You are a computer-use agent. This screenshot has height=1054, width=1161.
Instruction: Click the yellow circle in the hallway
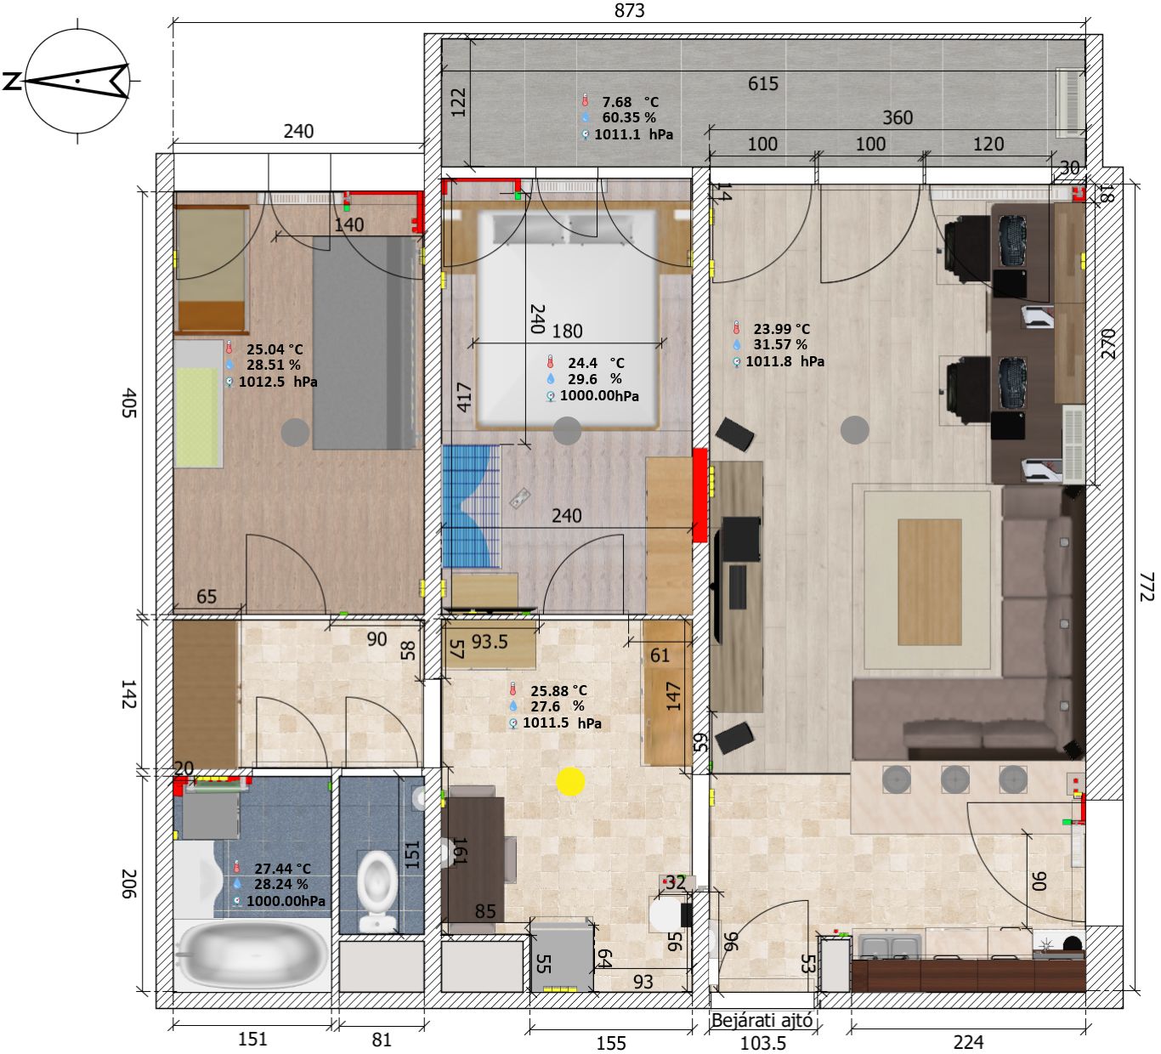pos(570,781)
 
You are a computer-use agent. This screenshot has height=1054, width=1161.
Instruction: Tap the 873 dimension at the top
pos(629,10)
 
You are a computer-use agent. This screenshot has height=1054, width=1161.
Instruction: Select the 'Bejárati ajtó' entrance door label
pos(762,1021)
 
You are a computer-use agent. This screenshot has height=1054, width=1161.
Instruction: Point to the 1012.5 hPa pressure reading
pos(278,382)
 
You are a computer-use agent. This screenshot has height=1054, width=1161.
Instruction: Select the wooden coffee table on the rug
pos(930,581)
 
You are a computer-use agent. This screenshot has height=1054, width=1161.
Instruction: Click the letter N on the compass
pos(12,81)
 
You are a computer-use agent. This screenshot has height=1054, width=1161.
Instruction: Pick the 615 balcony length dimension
pos(763,84)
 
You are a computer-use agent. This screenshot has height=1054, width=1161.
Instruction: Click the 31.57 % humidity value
pos(779,344)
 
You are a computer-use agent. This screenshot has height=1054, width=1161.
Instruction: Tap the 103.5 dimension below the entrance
pos(763,1043)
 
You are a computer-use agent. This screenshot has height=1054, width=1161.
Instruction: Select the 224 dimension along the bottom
pos(968,1042)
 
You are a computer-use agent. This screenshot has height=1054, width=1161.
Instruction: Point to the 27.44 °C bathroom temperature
pos(282,868)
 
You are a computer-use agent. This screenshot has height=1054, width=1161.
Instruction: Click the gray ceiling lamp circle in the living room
pos(854,430)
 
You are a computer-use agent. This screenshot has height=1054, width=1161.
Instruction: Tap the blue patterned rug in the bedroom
pos(471,506)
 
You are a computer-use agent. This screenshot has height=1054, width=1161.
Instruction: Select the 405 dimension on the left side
pos(128,403)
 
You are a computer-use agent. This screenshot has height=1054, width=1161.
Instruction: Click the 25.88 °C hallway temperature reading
pos(558,690)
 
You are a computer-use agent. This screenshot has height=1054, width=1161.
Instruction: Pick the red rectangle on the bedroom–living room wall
pos(699,495)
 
